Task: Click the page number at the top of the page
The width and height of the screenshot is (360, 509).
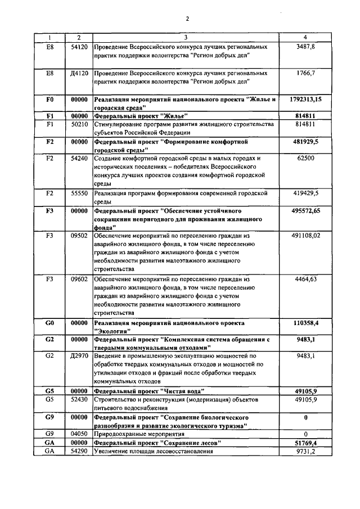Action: pyautogui.click(x=187, y=19)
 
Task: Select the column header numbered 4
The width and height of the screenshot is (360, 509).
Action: pyautogui.click(x=305, y=38)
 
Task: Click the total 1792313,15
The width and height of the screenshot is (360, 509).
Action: pyautogui.click(x=305, y=100)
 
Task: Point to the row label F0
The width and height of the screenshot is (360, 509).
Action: pyautogui.click(x=49, y=100)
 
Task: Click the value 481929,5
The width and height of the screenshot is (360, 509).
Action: pyautogui.click(x=305, y=142)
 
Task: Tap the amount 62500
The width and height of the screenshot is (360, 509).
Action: pyautogui.click(x=305, y=159)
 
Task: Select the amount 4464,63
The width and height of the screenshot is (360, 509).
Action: pyautogui.click(x=305, y=279)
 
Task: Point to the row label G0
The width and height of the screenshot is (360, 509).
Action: pyautogui.click(x=49, y=324)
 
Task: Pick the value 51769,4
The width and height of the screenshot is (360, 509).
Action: pyautogui.click(x=305, y=443)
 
